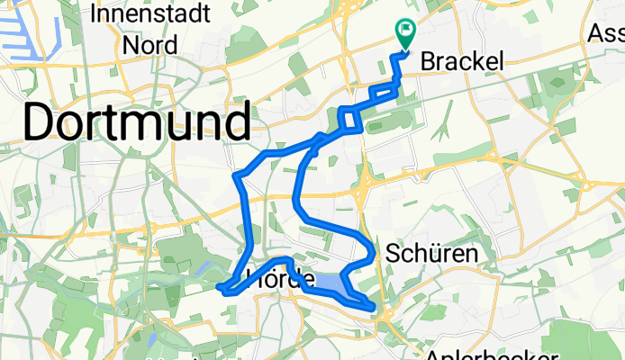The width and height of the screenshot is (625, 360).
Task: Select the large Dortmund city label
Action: click(x=136, y=121)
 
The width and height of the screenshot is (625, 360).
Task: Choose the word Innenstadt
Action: click(x=149, y=15)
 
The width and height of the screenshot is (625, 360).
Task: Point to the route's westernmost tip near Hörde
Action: click(x=220, y=288)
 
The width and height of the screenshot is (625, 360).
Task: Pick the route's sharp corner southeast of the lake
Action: click(x=372, y=308)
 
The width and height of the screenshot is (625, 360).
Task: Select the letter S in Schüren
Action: click(x=392, y=255)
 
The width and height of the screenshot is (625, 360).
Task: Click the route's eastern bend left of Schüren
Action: click(x=374, y=249)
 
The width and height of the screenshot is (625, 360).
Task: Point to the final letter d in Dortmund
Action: click(x=236, y=121)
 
